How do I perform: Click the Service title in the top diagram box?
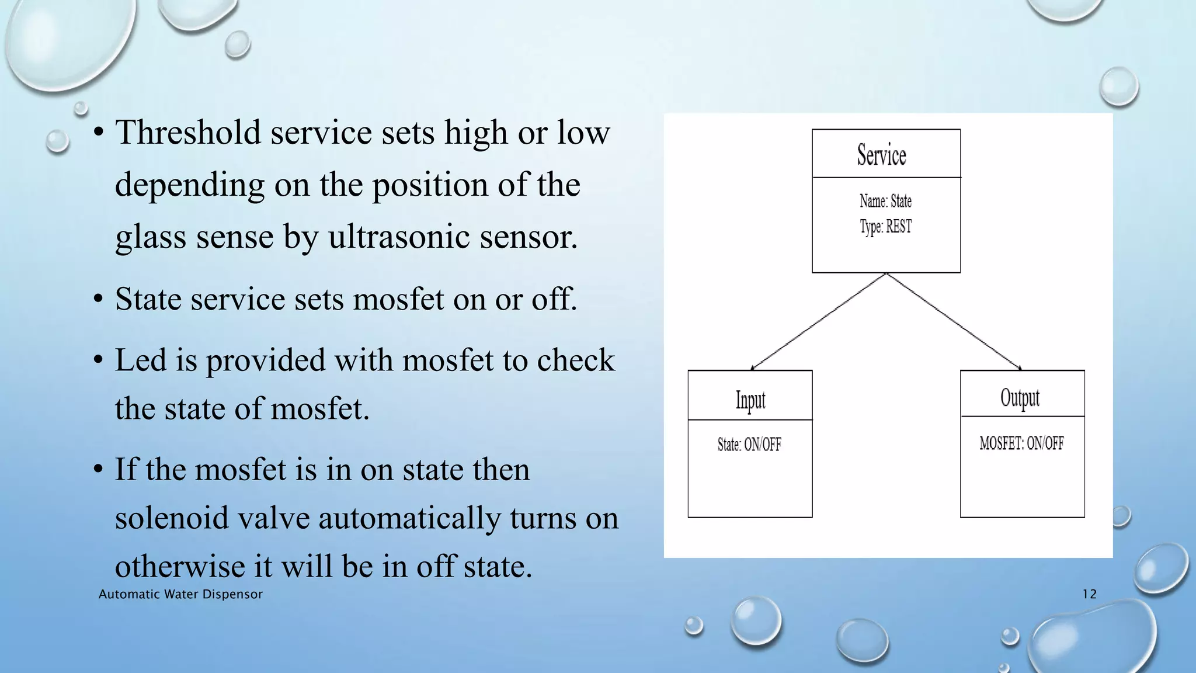(x=881, y=155)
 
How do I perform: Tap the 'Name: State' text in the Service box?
(x=885, y=201)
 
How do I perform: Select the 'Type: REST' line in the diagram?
(x=885, y=227)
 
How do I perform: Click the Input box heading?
(x=750, y=401)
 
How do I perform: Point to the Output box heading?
(x=1020, y=398)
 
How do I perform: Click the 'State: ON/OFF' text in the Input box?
(x=749, y=445)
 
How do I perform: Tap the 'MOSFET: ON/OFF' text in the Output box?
(x=1021, y=443)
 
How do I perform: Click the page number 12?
(x=1089, y=594)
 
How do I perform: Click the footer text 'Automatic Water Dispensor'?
(x=180, y=594)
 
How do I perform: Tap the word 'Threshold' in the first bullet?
(x=187, y=132)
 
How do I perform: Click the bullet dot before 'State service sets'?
(x=99, y=300)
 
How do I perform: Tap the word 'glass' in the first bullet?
(x=150, y=237)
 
